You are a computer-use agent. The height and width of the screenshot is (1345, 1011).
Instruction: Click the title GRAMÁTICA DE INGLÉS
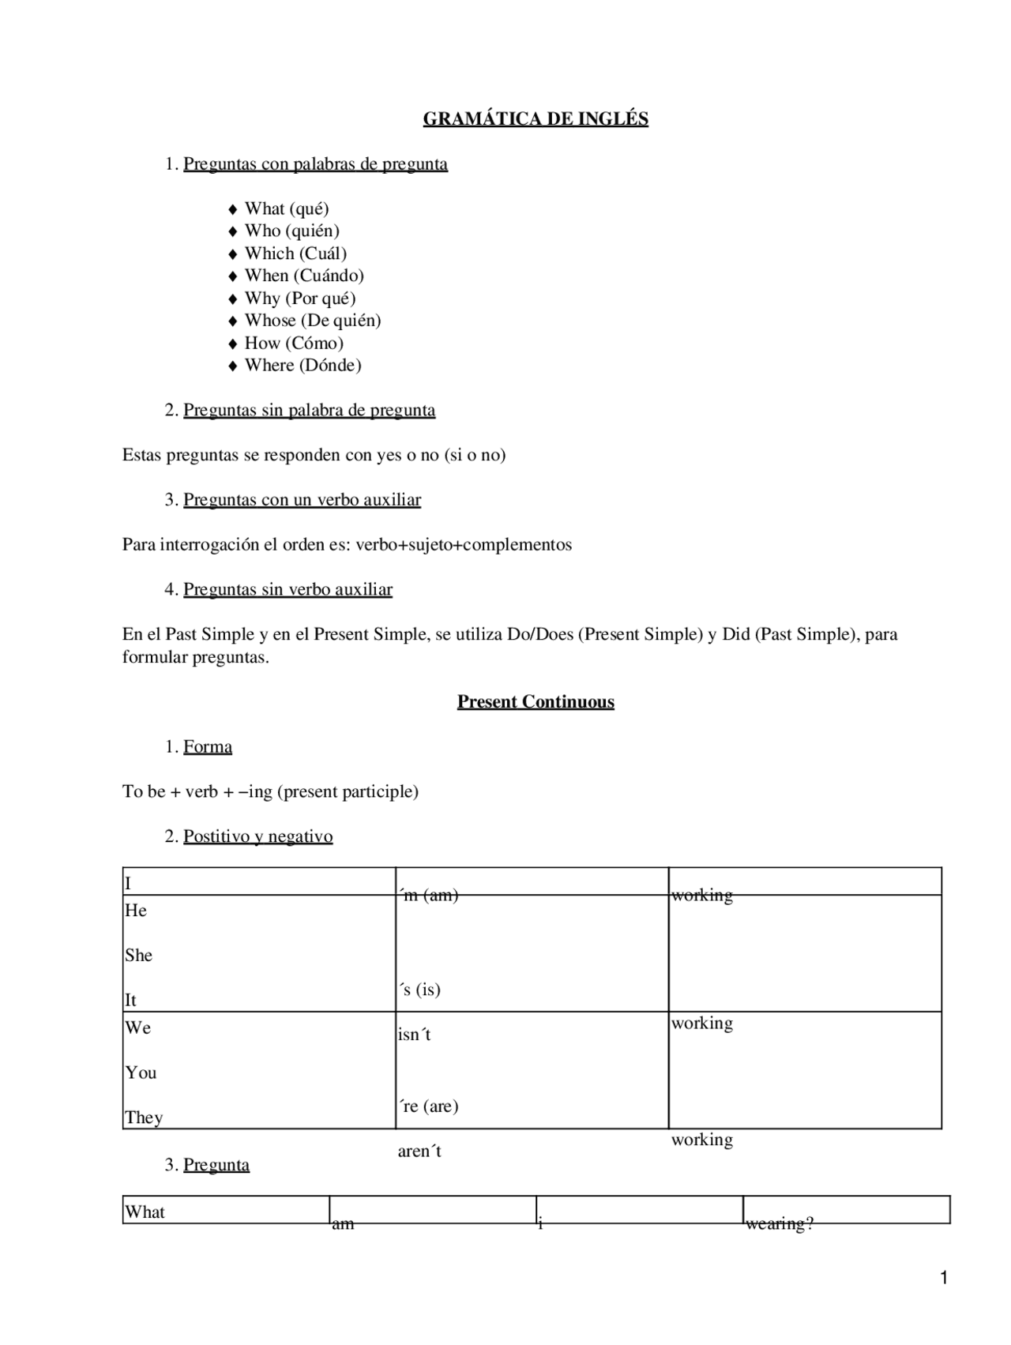click(536, 119)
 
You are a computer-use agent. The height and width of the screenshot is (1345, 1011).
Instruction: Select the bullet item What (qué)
click(286, 209)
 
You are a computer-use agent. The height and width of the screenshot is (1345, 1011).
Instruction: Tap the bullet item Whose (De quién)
click(312, 321)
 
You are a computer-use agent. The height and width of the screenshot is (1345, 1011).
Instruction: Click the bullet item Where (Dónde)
click(303, 366)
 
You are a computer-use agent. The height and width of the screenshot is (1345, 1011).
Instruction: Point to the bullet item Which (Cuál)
click(295, 254)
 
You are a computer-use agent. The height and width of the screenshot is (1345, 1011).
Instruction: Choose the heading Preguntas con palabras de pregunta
click(315, 164)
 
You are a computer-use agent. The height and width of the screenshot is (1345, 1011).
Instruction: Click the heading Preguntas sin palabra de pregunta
click(309, 411)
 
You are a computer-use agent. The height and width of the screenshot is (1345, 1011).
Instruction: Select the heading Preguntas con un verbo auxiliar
click(302, 500)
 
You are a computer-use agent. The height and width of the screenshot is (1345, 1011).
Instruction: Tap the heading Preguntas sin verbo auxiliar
click(288, 590)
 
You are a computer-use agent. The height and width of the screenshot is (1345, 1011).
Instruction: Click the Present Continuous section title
click(536, 702)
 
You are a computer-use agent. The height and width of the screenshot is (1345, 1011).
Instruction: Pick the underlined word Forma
click(208, 747)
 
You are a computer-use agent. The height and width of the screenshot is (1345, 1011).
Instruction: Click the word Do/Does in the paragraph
click(539, 634)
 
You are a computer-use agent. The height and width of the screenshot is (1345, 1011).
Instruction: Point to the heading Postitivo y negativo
click(257, 836)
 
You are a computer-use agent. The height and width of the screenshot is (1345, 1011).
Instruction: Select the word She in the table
click(138, 956)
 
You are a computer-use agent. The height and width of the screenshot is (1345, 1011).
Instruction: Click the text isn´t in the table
click(414, 1035)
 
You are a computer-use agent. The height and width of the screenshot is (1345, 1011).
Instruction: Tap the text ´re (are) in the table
click(428, 1106)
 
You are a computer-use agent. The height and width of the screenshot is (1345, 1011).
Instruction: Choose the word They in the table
click(144, 1118)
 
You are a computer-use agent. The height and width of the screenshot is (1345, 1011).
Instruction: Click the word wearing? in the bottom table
click(779, 1224)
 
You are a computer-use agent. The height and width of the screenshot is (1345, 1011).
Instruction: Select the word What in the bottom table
click(145, 1212)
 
